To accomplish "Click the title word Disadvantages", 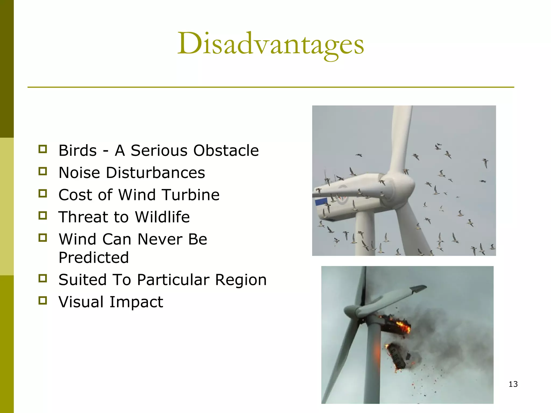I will pyautogui.click(x=270, y=44).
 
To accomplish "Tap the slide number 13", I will pyautogui.click(x=513, y=384).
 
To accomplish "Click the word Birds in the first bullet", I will pyautogui.click(x=77, y=150).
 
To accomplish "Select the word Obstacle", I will pyautogui.click(x=226, y=150).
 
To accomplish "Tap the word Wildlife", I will pyautogui.click(x=162, y=217).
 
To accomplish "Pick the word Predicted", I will pyautogui.click(x=94, y=258).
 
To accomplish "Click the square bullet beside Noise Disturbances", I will pyautogui.click(x=43, y=171).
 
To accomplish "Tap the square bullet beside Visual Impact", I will pyautogui.click(x=43, y=300).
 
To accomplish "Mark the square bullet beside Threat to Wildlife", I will pyautogui.click(x=43, y=215).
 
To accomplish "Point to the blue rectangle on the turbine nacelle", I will pyautogui.click(x=321, y=202).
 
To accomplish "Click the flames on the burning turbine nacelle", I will pyautogui.click(x=402, y=326).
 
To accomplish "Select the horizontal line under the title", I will pyautogui.click(x=270, y=87).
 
